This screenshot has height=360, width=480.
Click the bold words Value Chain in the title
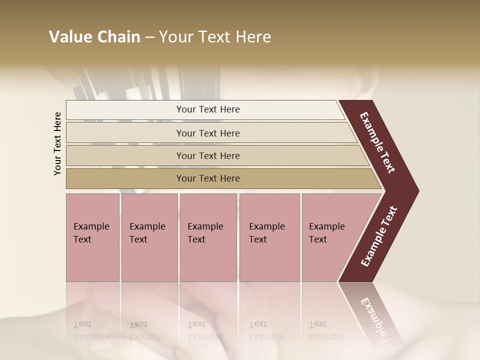point(94,37)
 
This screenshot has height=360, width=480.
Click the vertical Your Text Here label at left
point(58,143)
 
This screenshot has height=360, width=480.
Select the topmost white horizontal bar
point(125,110)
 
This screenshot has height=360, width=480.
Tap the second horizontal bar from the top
point(125,133)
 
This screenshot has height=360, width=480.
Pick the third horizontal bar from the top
point(125,155)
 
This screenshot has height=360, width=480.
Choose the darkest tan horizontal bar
point(125,178)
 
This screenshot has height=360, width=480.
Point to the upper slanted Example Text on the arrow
point(377,142)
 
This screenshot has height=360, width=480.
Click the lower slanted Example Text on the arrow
point(378,236)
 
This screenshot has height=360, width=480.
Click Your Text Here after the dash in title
point(215,37)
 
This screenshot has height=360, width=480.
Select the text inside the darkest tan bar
point(208,178)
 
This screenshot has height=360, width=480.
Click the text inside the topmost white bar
point(208,109)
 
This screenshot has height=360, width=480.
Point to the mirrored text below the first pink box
point(91,330)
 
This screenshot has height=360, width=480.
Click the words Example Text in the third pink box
point(205,233)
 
